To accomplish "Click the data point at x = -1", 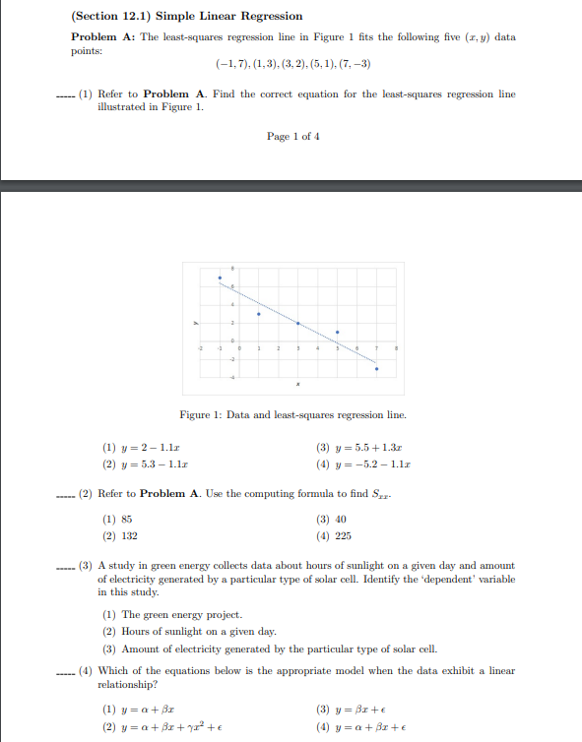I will coord(220,278).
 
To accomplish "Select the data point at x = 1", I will coord(259,314).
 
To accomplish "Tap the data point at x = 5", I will coord(337,333).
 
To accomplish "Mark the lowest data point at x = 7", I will coord(376,368).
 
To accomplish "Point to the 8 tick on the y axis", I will coord(233,269).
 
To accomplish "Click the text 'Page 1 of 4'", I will coord(292,136).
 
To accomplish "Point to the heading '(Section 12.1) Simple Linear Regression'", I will coord(187,17).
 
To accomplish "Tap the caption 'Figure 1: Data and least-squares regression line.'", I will coord(292,415).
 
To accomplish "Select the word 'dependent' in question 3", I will coord(448,580).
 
